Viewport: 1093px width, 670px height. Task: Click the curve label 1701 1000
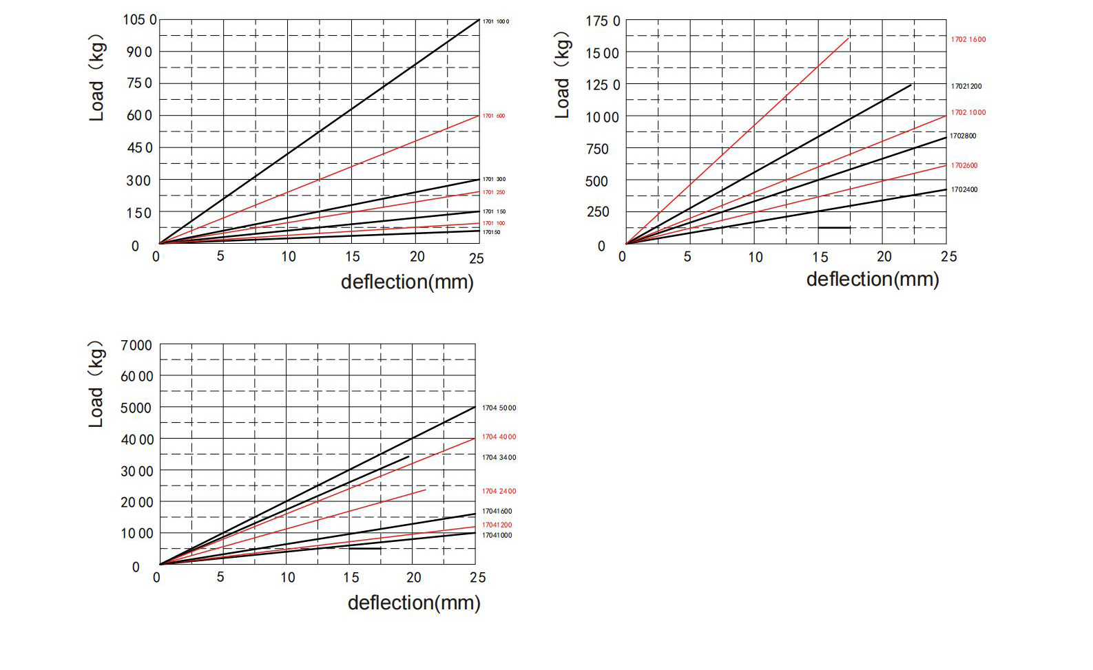495,21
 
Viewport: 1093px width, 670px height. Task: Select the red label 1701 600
493,116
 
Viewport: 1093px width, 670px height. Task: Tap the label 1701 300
494,179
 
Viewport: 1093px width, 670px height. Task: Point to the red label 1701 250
493,192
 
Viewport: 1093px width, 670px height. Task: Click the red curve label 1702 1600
968,39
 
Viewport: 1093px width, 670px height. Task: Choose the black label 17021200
966,86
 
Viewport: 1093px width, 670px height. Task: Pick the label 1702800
963,136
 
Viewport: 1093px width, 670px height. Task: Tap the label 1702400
964,189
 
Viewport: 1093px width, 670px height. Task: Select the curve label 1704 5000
499,408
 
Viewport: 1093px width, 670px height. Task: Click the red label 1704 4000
499,437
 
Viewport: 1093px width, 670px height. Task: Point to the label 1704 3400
499,457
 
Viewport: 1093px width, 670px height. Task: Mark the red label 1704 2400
499,491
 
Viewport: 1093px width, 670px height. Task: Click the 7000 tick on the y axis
136,345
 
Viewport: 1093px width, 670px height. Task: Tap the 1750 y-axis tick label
603,21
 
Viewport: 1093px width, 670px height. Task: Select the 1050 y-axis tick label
140,19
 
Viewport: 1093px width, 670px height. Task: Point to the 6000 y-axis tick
137,376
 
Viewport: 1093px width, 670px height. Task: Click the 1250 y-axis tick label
603,85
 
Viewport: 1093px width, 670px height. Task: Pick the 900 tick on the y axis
138,52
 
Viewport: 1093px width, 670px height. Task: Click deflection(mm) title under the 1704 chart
413,603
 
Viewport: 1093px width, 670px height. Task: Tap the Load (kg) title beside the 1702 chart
563,74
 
